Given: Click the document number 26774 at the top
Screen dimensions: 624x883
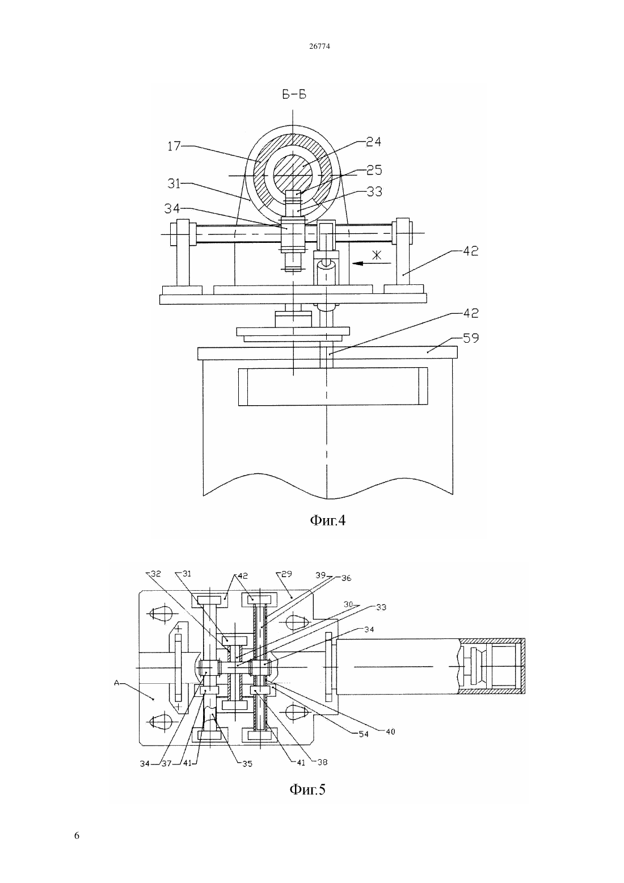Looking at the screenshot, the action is [319, 46].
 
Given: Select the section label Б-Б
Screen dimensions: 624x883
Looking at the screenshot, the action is [294, 95].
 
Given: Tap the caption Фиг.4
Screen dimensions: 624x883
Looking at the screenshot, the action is [328, 521].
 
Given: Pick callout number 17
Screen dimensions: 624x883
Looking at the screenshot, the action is [174, 146].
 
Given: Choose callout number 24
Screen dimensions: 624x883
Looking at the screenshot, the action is [373, 141].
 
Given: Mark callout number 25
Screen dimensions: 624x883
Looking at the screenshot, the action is [374, 170].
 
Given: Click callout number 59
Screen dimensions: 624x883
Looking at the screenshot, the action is [471, 338].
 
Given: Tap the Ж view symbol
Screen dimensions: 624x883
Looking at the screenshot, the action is [377, 255].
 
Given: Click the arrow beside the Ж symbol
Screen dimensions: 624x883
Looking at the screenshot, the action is [372, 263].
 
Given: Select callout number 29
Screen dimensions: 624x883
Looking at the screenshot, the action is [287, 574].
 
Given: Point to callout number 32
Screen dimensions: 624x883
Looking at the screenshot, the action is [156, 574].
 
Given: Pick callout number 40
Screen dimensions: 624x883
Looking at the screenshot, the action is [390, 731].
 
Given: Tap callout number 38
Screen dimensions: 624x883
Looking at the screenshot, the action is [323, 762].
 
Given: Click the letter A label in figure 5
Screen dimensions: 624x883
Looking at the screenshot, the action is [117, 683].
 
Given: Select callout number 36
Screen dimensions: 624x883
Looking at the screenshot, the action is [346, 578].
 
